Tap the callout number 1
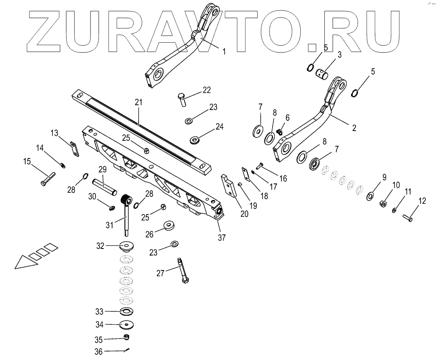coord(223,51)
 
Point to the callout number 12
coord(423,201)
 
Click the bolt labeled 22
coord(182,99)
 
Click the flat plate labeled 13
coord(74,149)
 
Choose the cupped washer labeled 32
coord(127,247)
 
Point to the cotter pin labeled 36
coord(127,350)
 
